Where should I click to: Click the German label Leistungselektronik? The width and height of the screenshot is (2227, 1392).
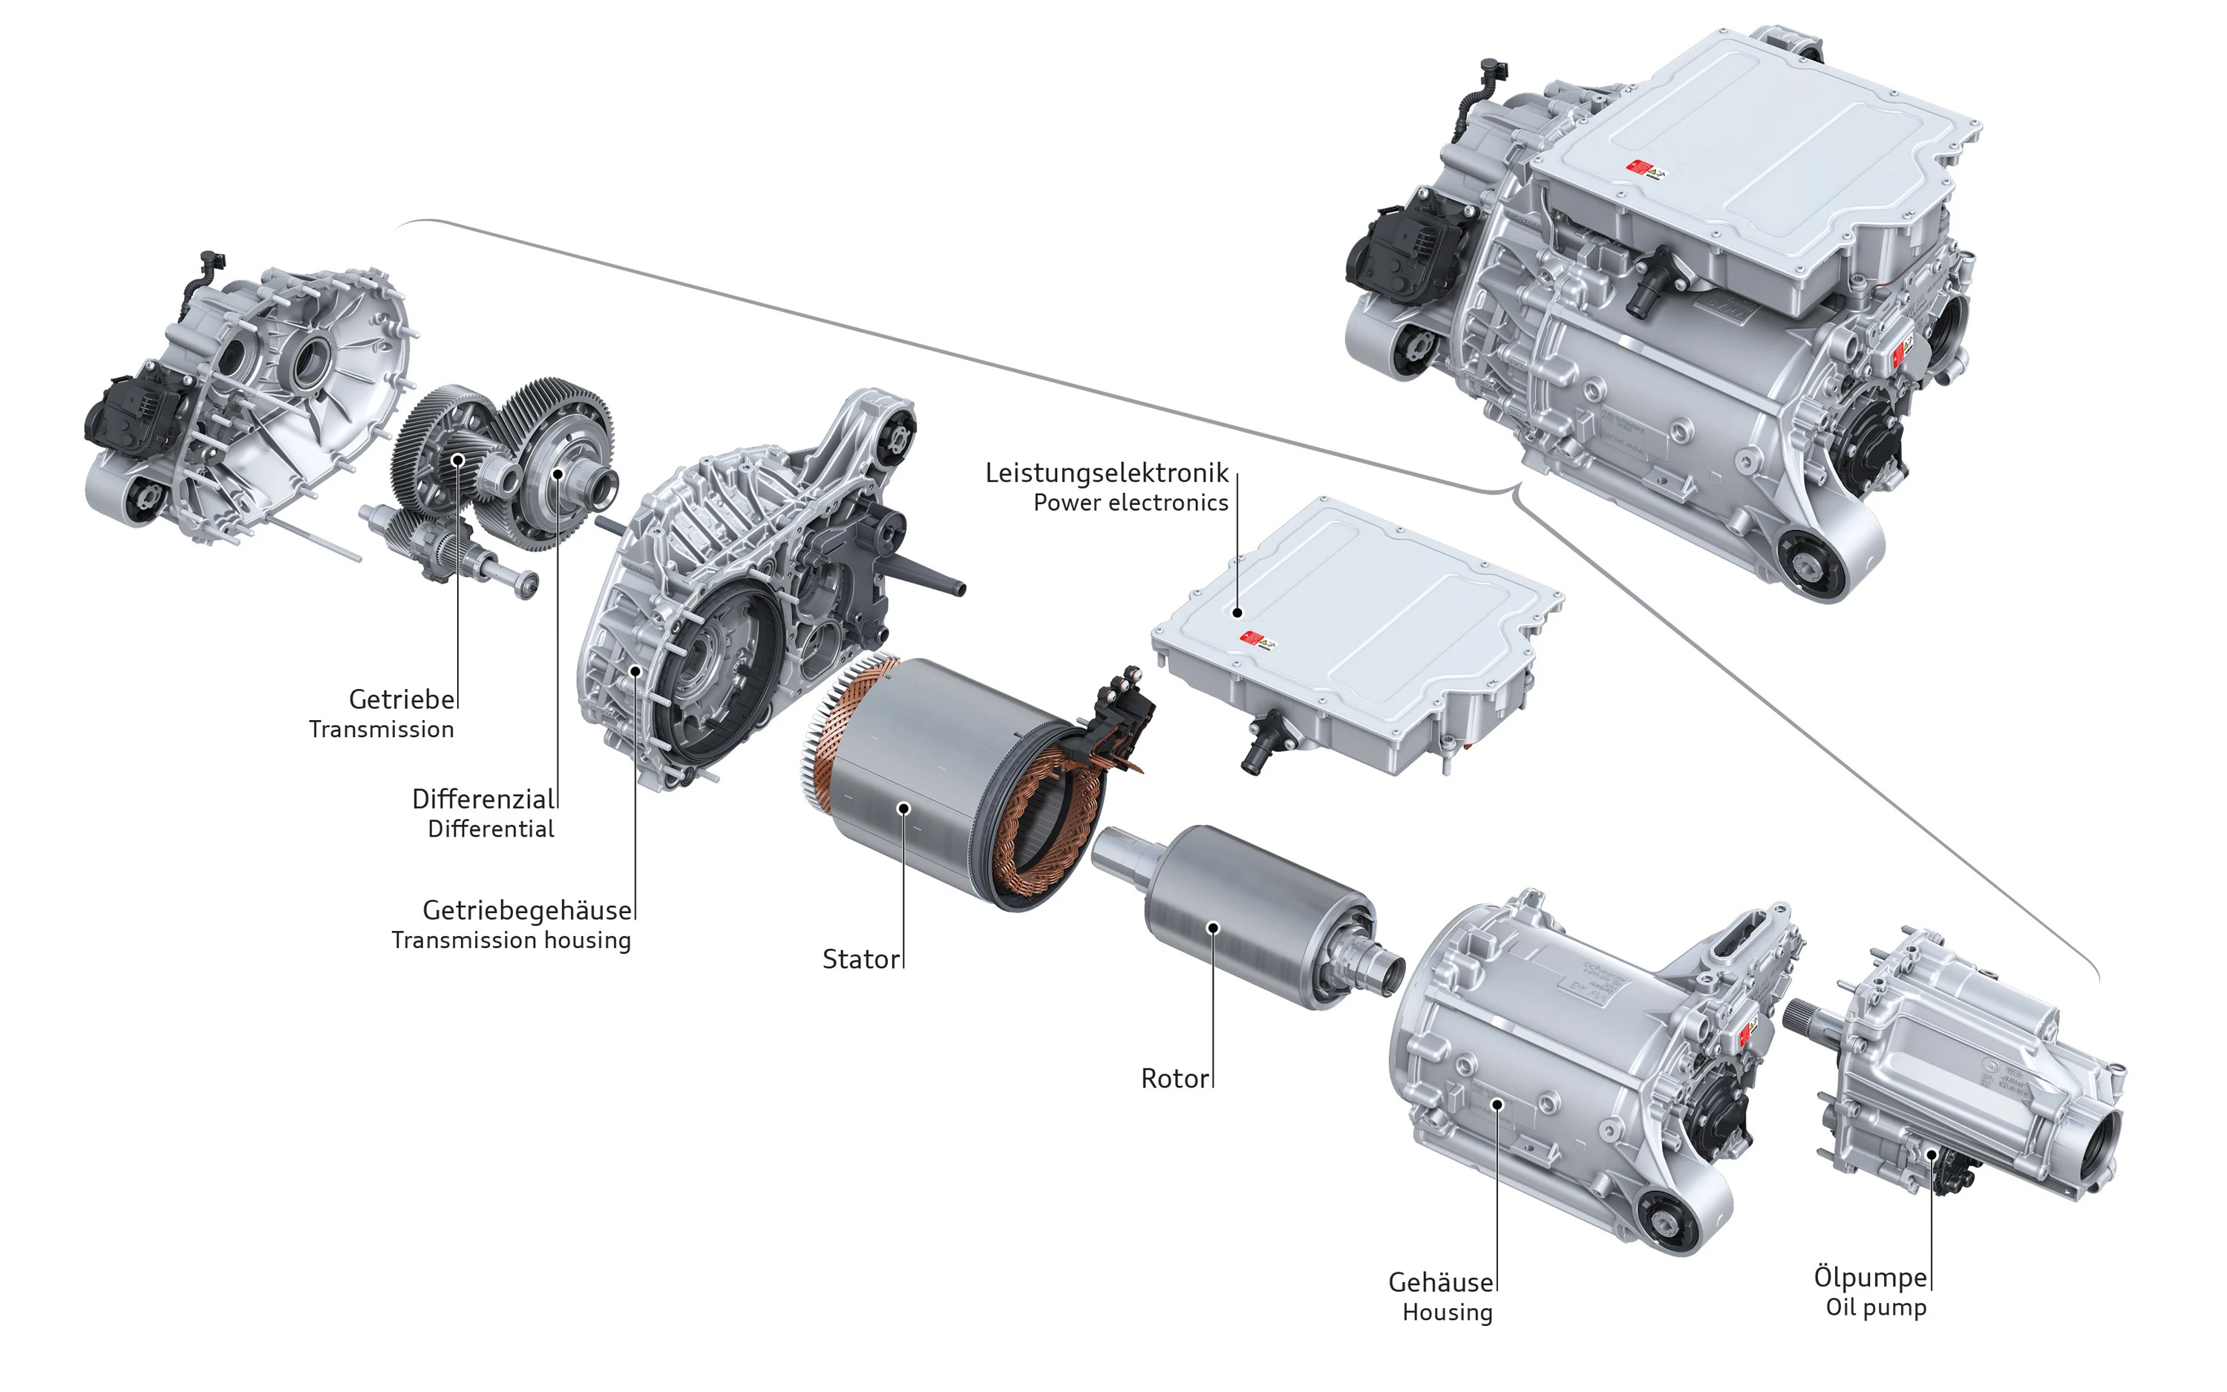click(x=1106, y=473)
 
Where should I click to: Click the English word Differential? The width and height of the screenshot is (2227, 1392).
click(x=491, y=829)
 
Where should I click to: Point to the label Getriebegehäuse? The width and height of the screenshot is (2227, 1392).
click(x=526, y=910)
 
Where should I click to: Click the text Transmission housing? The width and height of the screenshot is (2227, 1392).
click(x=511, y=940)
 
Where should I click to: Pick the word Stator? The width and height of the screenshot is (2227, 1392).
click(x=860, y=959)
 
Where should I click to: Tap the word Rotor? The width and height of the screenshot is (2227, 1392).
click(x=1174, y=1079)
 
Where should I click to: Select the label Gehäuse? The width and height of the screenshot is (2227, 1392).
click(x=1440, y=1282)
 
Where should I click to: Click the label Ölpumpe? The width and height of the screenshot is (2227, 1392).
click(x=1870, y=1277)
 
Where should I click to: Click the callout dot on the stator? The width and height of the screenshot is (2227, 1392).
click(x=903, y=808)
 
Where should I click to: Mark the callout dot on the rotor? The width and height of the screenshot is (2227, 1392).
click(x=1213, y=927)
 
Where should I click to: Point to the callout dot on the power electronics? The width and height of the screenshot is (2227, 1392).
click(x=1237, y=612)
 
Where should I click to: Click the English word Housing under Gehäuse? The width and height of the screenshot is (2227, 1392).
click(x=1447, y=1312)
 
